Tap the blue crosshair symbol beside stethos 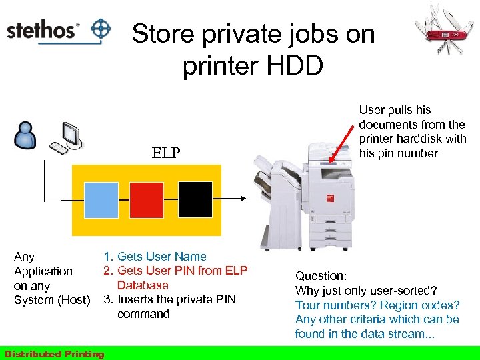(101, 30)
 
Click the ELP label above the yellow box (166, 153)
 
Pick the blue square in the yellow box (101, 199)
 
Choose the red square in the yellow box (147, 199)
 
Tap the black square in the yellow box (195, 199)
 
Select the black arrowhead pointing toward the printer (243, 198)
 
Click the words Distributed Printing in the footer (54, 354)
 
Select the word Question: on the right (321, 275)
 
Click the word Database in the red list (143, 285)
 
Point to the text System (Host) (52, 300)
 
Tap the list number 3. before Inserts (107, 299)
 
